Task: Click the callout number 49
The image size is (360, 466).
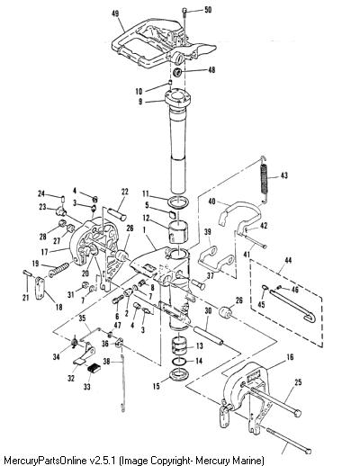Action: [x=115, y=13]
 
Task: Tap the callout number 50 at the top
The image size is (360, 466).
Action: [x=208, y=10]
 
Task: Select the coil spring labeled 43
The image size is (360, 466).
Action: [x=264, y=180]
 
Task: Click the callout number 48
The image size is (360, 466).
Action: [x=211, y=70]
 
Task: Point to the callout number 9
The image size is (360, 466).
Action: [x=140, y=102]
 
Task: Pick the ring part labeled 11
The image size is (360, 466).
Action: [x=178, y=202]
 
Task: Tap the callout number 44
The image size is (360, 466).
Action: [x=288, y=260]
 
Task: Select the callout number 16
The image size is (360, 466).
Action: [x=290, y=357]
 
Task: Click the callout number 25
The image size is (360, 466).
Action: [x=298, y=382]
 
